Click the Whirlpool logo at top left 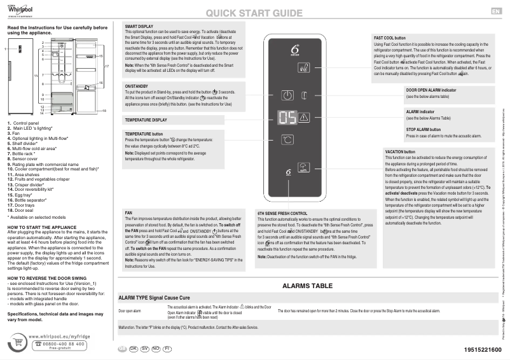pyautogui.click(x=21, y=11)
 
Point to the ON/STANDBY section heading pyautogui.click(x=137, y=85)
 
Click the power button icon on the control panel pyautogui.click(x=287, y=96)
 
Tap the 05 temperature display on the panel pyautogui.click(x=287, y=118)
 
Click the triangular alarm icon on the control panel pyautogui.click(x=304, y=118)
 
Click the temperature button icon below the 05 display pyautogui.click(x=287, y=139)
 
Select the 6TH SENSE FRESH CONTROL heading pyautogui.click(x=282, y=214)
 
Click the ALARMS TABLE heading pyautogui.click(x=308, y=286)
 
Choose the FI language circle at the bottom pyautogui.click(x=167, y=349)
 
